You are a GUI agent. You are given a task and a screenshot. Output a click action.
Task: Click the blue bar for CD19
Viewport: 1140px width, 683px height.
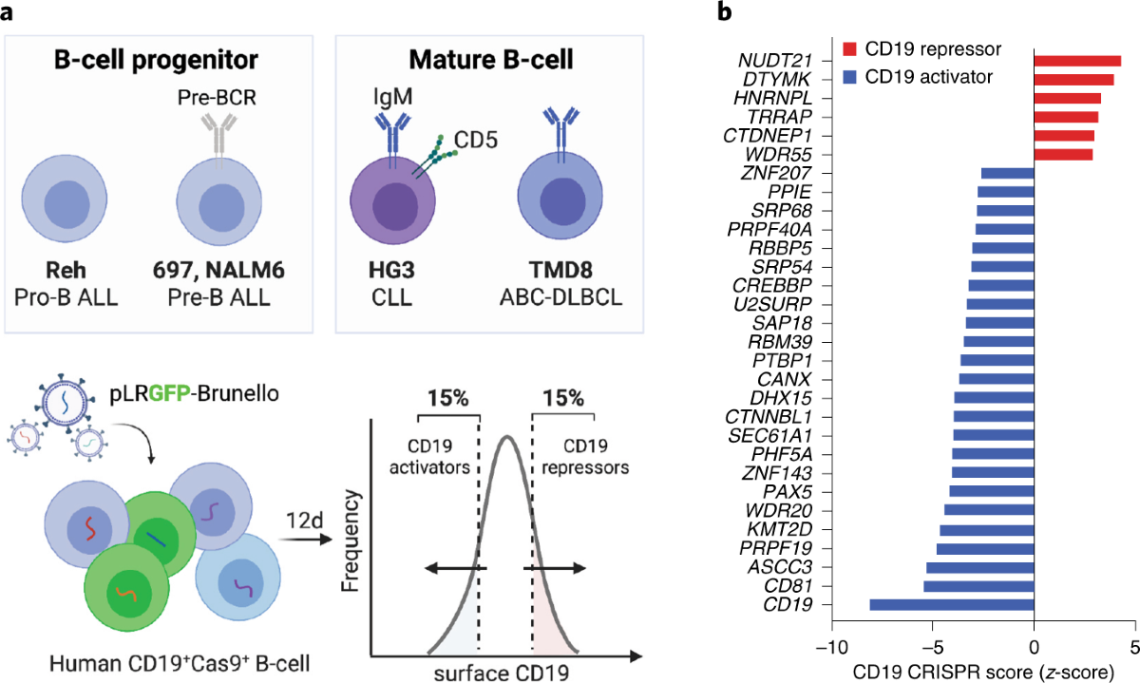point(951,604)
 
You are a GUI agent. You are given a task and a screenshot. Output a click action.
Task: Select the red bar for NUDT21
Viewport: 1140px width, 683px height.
point(1077,61)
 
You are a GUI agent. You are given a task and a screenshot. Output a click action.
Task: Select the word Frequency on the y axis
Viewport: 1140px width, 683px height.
point(353,532)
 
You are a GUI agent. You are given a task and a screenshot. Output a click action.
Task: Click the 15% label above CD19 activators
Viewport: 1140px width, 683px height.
point(446,399)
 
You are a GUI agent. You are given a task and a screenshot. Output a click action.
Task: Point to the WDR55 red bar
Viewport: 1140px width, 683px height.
point(1063,153)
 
